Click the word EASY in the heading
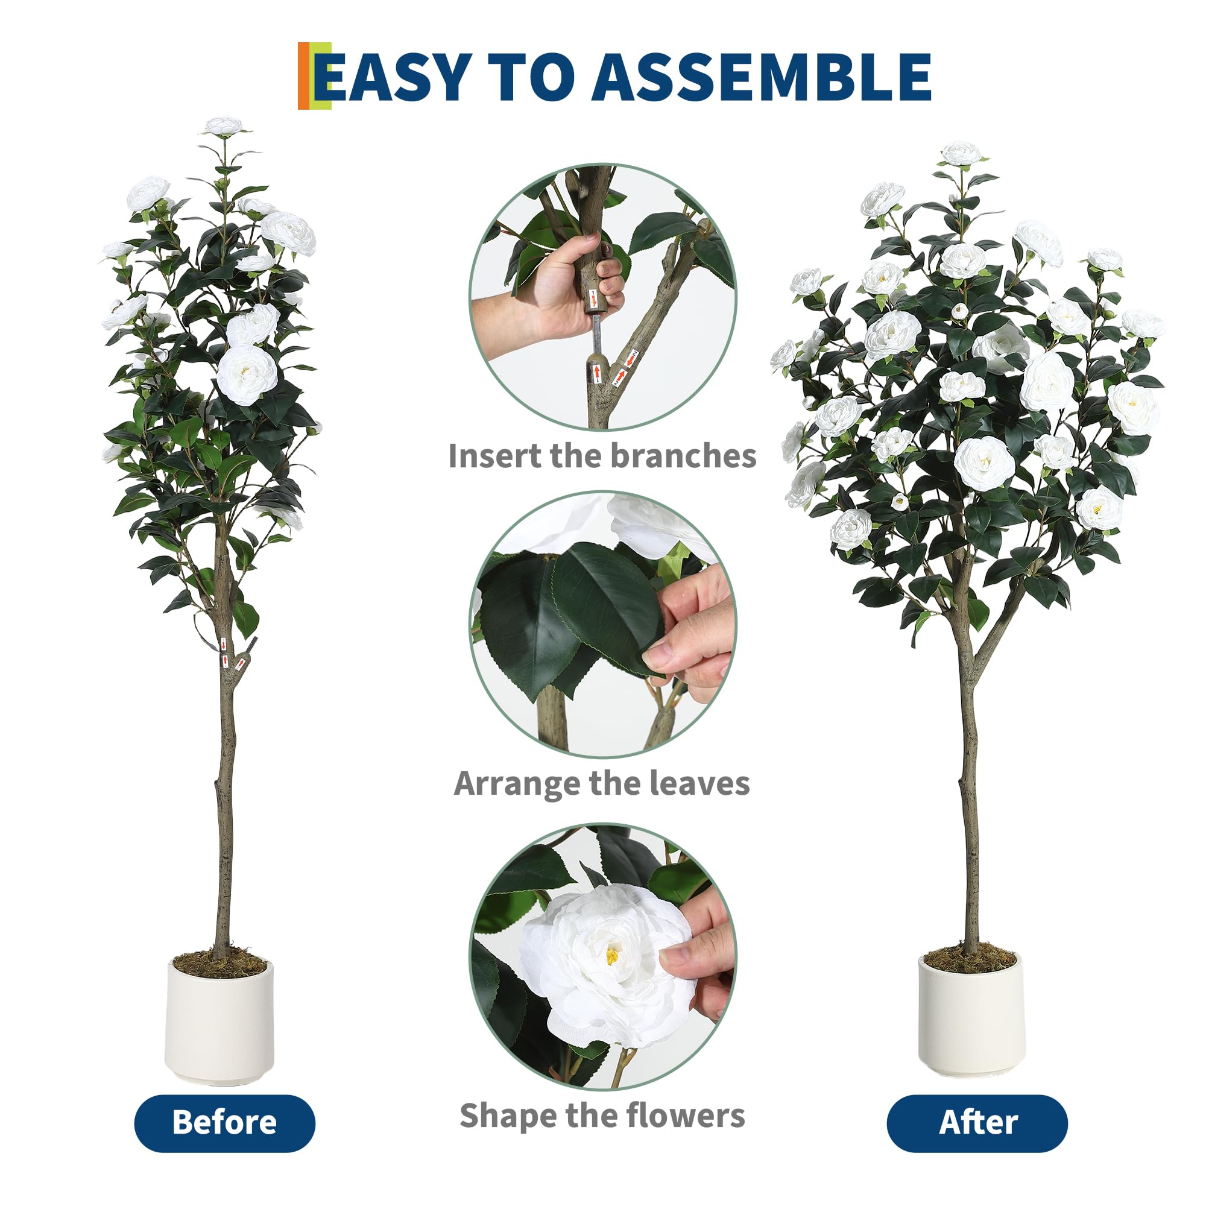(393, 77)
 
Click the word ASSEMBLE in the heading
(762, 77)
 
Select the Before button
(225, 1122)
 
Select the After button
(977, 1122)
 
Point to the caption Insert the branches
(602, 456)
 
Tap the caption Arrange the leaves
(602, 783)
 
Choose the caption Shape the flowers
(602, 1116)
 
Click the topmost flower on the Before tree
(223, 126)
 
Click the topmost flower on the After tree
(961, 153)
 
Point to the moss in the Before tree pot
(219, 963)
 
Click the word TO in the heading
(531, 77)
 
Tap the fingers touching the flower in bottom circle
(699, 955)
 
